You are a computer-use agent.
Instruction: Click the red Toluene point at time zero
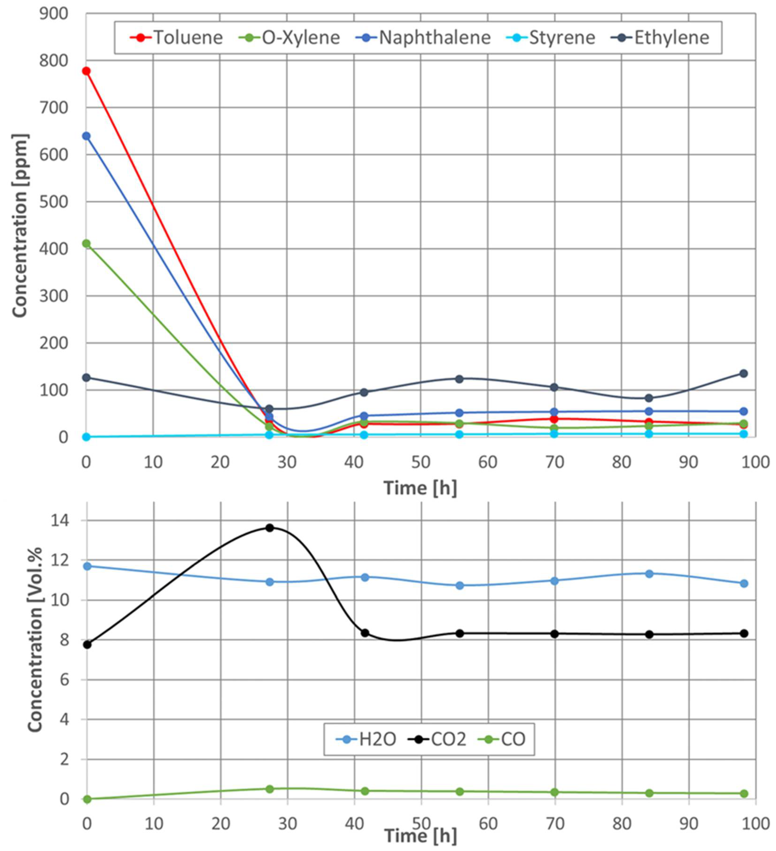click(x=86, y=71)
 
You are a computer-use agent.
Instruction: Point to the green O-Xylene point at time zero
click(x=86, y=244)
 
